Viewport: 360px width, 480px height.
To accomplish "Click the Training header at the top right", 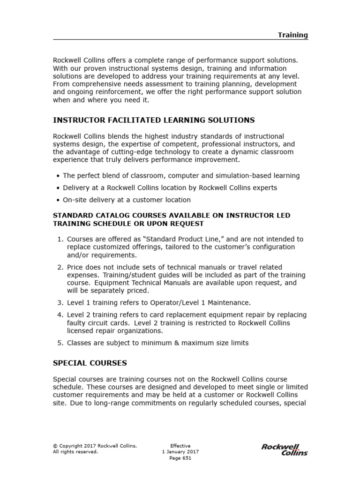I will [292, 35].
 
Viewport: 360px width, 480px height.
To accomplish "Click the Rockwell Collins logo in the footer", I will [284, 450].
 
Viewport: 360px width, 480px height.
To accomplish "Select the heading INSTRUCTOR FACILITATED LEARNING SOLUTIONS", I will [154, 120].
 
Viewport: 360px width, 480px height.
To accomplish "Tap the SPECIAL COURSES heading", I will [90, 363].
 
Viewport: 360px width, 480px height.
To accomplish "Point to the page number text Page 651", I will [180, 458].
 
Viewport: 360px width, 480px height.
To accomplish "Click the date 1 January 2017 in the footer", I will [180, 452].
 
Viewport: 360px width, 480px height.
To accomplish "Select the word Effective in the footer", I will [180, 446].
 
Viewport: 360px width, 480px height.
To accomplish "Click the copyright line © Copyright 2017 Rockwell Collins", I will [95, 446].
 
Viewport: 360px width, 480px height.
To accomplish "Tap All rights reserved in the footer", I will [75, 452].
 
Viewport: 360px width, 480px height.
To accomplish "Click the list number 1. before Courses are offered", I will [60, 239].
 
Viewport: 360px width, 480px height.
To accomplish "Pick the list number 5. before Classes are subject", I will [60, 343].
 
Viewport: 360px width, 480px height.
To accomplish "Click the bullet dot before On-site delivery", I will [58, 200].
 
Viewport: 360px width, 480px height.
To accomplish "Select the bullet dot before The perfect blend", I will [58, 176].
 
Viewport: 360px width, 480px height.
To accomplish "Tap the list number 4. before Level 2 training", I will [60, 315].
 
